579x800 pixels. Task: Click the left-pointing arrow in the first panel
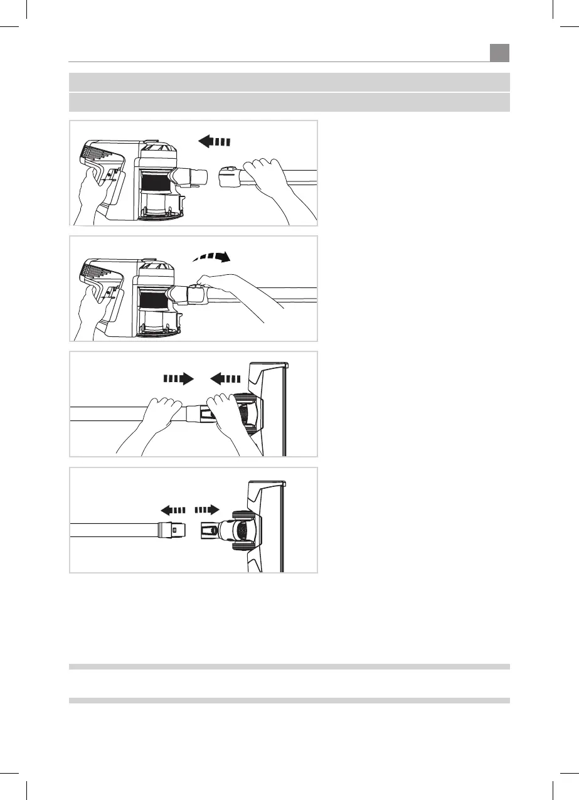click(214, 141)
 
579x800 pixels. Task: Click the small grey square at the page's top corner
click(499, 52)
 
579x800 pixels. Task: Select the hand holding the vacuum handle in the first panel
click(88, 191)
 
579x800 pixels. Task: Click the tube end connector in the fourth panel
click(170, 530)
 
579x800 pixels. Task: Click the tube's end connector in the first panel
click(231, 176)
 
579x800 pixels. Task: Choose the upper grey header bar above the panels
click(289, 82)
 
